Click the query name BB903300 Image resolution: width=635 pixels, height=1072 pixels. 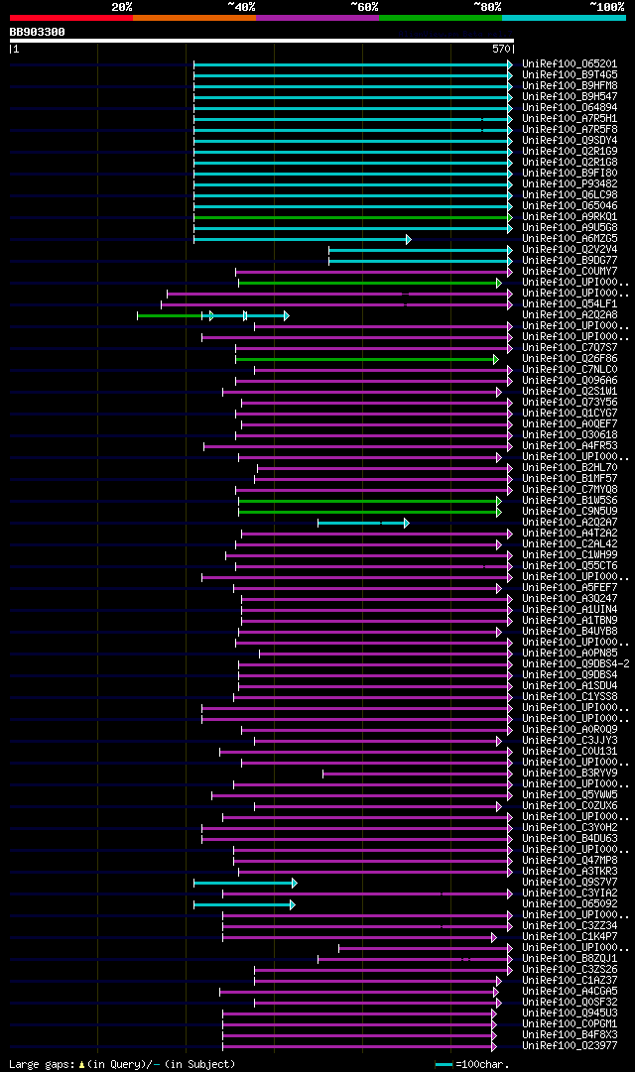[38, 32]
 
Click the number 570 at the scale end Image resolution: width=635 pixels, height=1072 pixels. [501, 49]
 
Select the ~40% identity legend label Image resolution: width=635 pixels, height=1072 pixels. [241, 7]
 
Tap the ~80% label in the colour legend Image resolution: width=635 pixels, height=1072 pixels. [487, 7]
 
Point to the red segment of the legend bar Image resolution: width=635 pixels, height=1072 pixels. [70, 17]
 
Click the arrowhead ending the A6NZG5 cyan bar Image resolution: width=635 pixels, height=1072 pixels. [408, 239]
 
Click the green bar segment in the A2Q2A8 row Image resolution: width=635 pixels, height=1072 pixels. [169, 315]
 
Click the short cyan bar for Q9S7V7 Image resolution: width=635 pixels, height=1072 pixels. [244, 883]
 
